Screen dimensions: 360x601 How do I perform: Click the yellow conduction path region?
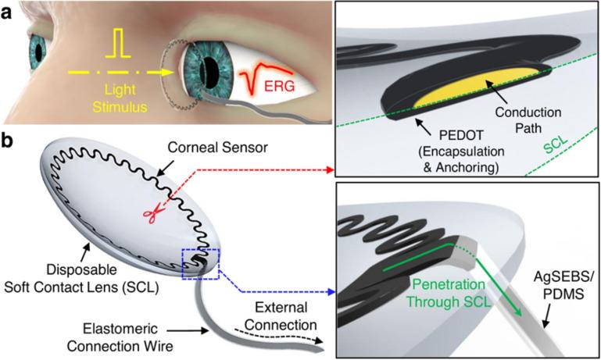461,93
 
